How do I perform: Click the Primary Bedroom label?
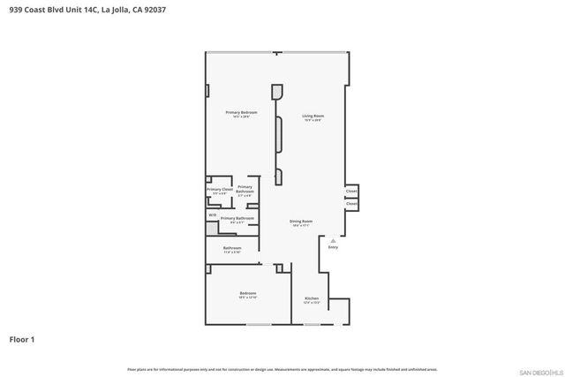click(241, 113)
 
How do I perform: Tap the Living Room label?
click(313, 117)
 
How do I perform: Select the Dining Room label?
click(302, 222)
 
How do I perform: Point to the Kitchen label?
click(312, 299)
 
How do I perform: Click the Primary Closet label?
click(220, 191)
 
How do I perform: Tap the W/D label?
click(212, 215)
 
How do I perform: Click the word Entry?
click(333, 247)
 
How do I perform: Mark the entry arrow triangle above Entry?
click(333, 239)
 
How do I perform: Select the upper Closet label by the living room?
click(351, 191)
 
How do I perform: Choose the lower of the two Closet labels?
click(351, 204)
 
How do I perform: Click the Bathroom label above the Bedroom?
click(232, 249)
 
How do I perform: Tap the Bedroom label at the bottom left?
click(247, 294)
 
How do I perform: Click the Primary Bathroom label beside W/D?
click(237, 219)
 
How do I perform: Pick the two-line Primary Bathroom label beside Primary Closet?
click(245, 189)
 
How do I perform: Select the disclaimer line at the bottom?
click(282, 369)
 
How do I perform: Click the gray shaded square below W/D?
click(212, 228)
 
